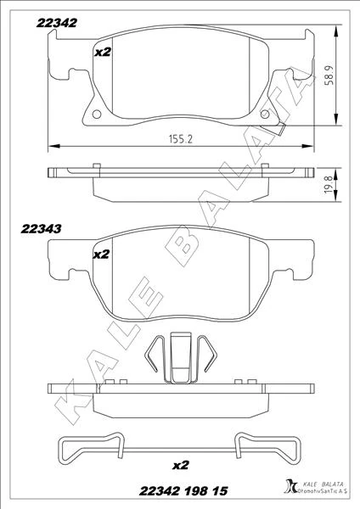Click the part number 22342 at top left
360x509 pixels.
[x=57, y=23]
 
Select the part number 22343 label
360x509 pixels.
[x=41, y=229]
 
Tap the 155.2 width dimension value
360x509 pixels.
[x=181, y=139]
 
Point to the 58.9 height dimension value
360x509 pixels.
[x=329, y=76]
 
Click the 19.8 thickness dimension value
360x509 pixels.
[x=329, y=185]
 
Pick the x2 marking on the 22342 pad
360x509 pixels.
[x=103, y=52]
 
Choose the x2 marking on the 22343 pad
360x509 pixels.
[x=101, y=255]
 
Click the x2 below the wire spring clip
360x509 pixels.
[x=180, y=465]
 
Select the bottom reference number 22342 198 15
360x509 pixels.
[x=183, y=491]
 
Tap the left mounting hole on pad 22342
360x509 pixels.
[x=97, y=114]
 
